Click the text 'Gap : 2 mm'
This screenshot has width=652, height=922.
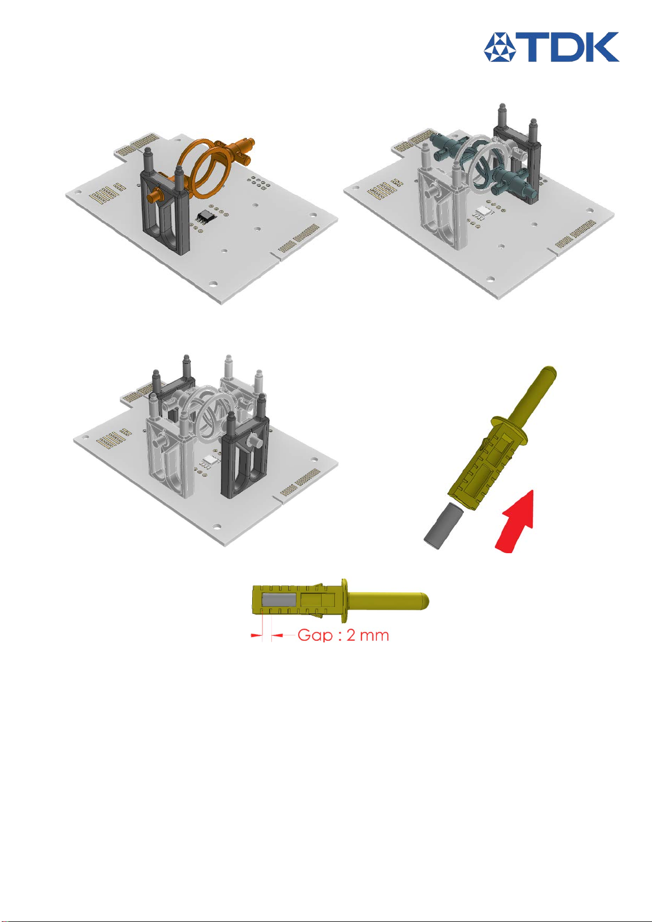click(x=343, y=635)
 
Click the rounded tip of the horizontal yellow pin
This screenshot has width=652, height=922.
click(x=424, y=599)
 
